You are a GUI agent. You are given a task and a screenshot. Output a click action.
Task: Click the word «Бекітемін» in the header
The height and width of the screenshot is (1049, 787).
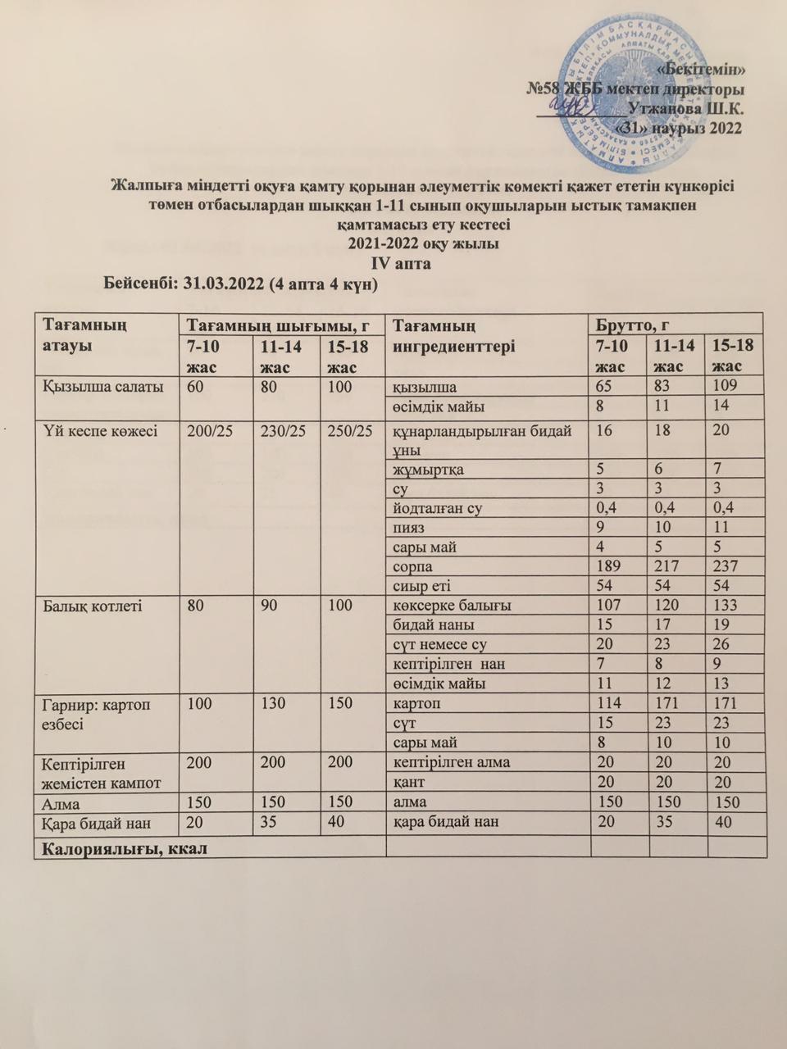coord(703,68)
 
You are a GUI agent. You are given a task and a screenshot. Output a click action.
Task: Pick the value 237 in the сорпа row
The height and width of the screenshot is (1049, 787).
coord(726,566)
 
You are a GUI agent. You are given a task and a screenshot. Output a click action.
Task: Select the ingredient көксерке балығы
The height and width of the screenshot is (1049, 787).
coord(453,606)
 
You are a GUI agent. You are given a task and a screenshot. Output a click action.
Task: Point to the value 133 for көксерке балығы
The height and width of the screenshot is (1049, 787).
coord(726,606)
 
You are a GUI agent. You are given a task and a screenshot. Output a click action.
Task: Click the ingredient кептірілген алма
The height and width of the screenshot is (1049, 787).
coord(453,762)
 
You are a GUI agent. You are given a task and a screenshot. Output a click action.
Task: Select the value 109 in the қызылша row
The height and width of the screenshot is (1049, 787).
coord(726,386)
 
